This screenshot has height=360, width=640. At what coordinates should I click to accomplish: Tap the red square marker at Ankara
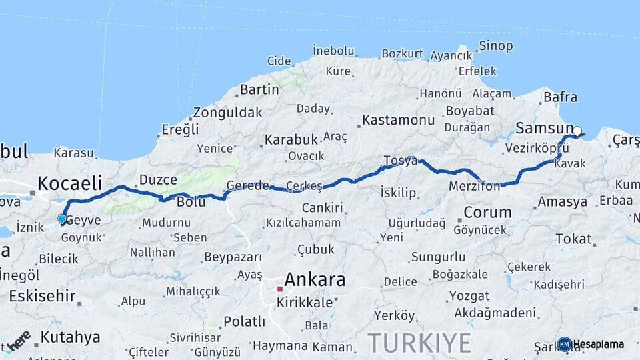pyautogui.click(x=281, y=289)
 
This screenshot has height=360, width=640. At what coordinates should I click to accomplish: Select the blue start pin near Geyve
pyautogui.click(x=62, y=219)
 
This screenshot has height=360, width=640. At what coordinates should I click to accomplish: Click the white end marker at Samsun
pyautogui.click(x=577, y=131)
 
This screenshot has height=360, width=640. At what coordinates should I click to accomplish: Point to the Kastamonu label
pyautogui.click(x=398, y=121)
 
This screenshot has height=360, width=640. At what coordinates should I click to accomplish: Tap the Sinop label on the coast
pyautogui.click(x=496, y=46)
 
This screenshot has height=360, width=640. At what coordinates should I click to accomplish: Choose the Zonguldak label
pyautogui.click(x=227, y=113)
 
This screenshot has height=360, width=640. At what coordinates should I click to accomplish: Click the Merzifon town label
pyautogui.click(x=474, y=187)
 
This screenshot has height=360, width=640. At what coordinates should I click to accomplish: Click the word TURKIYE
pyautogui.click(x=419, y=343)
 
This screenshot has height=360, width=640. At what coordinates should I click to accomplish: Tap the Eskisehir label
pyautogui.click(x=42, y=295)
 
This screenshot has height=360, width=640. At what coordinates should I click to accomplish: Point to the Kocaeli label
pyautogui.click(x=70, y=182)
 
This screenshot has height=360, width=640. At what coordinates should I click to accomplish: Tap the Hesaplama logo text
pyautogui.click(x=599, y=345)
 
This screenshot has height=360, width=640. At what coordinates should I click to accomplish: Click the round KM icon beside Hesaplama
pyautogui.click(x=565, y=345)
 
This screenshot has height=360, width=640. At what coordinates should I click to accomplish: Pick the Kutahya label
pyautogui.click(x=70, y=337)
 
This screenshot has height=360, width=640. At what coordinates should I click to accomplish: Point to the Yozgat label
pyautogui.click(x=468, y=295)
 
